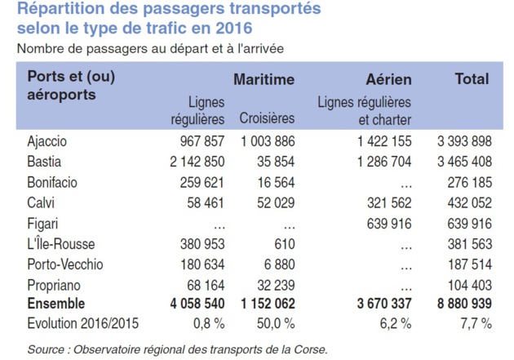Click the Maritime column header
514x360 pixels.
(264, 80)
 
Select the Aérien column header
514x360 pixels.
(388, 80)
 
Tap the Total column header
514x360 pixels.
(471, 79)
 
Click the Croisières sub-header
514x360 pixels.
(267, 118)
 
